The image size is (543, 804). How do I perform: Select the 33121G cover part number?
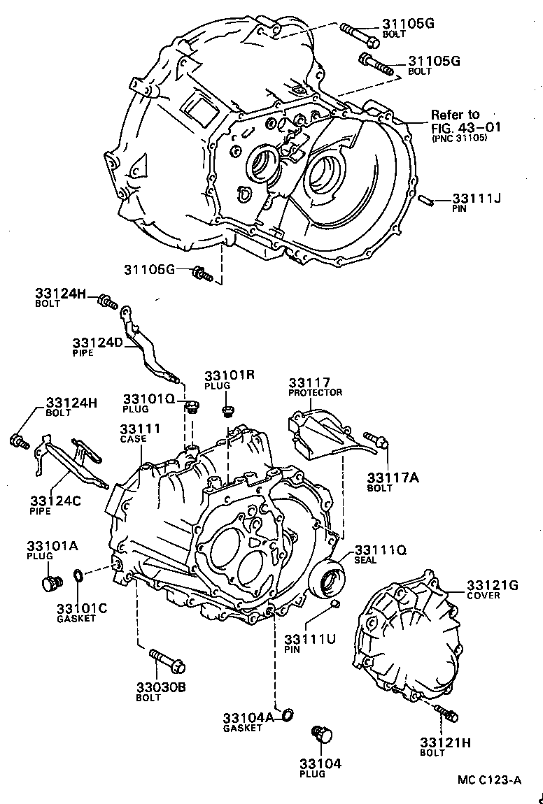(x=493, y=585)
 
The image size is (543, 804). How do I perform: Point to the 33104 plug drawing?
(x=323, y=734)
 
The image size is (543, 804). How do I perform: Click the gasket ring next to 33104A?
(x=288, y=714)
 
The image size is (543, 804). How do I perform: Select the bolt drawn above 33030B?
(x=166, y=659)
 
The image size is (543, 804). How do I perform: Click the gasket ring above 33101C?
(x=80, y=576)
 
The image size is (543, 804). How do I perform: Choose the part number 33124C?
(x=55, y=501)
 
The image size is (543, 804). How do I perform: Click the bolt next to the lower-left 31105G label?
(x=202, y=273)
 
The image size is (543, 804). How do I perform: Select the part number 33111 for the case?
(x=140, y=429)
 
